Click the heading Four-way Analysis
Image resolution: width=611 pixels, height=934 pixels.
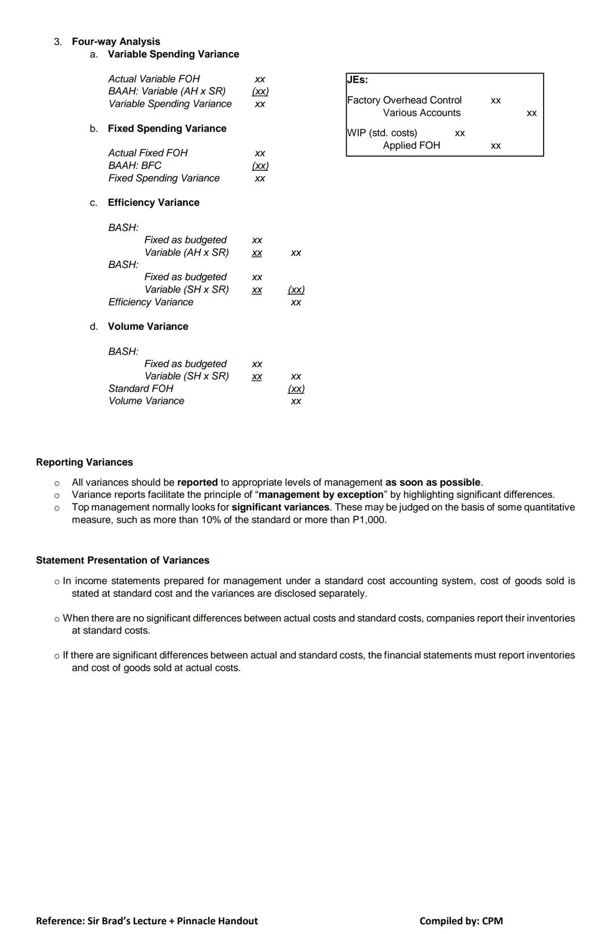click(x=115, y=41)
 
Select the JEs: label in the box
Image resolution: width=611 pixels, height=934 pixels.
click(x=358, y=80)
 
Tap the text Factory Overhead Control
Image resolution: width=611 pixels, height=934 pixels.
click(x=404, y=100)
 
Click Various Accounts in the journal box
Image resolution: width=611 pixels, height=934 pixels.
click(x=421, y=113)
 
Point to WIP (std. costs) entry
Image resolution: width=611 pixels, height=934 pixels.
click(x=382, y=133)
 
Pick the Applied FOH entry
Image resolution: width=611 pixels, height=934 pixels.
click(x=411, y=145)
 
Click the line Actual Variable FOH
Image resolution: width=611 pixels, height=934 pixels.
click(x=154, y=79)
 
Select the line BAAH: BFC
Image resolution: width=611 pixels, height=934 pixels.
click(x=135, y=165)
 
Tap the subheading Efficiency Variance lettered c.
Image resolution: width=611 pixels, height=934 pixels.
click(x=153, y=203)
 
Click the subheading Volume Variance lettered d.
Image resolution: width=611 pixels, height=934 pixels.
click(x=148, y=326)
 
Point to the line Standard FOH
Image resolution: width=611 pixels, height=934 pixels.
click(x=140, y=389)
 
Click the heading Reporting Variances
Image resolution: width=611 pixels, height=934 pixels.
click(x=84, y=462)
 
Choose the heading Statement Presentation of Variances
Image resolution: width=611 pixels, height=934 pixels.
click(x=122, y=560)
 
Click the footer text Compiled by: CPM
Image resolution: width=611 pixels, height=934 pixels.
click(x=461, y=921)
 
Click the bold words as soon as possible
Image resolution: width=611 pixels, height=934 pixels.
click(x=433, y=483)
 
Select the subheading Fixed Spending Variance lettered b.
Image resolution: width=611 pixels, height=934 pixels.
click(x=167, y=128)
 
